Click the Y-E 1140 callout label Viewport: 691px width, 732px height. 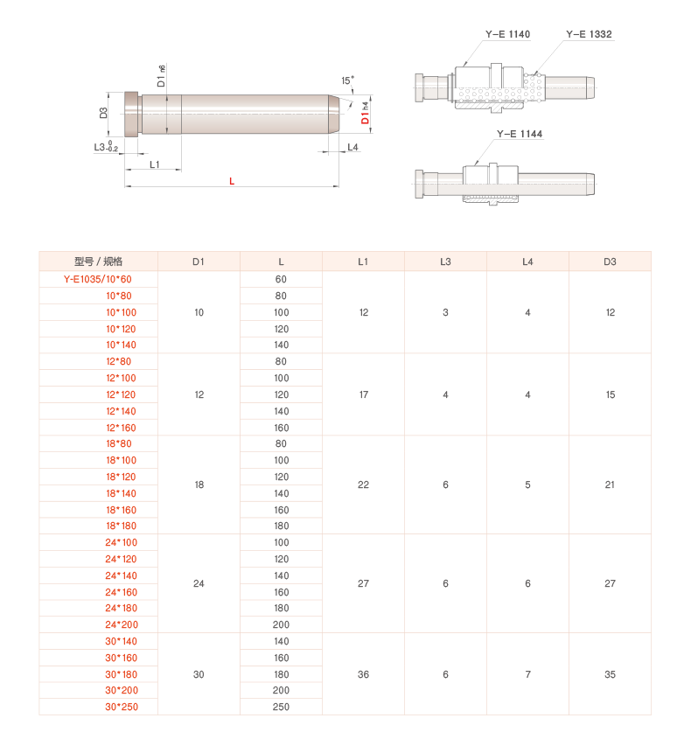point(507,34)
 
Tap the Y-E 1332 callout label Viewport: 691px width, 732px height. point(589,34)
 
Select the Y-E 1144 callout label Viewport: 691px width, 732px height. point(520,134)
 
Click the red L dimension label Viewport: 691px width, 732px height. point(232,181)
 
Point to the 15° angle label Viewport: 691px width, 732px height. point(347,80)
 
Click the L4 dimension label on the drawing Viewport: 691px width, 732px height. point(353,148)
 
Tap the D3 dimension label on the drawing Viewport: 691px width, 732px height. point(103,113)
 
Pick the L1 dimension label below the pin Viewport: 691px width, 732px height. point(155,164)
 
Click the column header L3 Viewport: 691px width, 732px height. point(445,261)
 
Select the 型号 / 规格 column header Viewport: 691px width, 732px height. point(99,261)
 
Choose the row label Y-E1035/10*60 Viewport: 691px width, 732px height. point(98,279)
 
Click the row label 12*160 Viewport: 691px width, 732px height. point(121,428)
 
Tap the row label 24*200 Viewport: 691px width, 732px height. point(122,624)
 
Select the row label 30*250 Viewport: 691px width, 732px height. point(122,707)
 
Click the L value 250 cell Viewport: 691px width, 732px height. point(281,707)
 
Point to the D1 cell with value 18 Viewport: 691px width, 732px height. point(199,485)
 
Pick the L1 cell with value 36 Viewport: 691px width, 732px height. point(363,674)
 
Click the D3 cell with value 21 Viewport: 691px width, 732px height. point(610,485)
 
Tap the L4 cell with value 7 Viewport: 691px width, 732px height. point(527,674)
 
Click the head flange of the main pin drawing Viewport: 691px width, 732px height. point(132,115)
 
